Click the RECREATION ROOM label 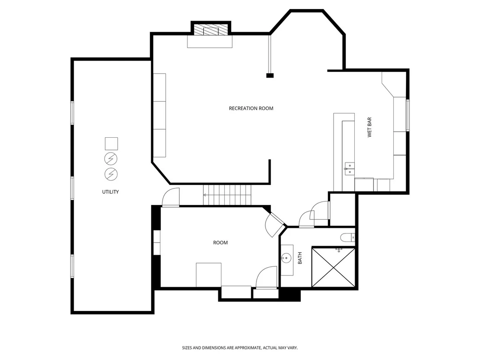click(x=251, y=108)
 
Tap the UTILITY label click(x=110, y=192)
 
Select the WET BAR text click(x=370, y=127)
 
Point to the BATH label click(x=300, y=258)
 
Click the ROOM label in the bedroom click(x=221, y=243)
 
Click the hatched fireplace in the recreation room click(x=211, y=30)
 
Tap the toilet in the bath click(x=348, y=237)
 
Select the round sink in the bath click(x=286, y=258)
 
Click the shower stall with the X click(x=334, y=268)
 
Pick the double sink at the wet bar click(x=350, y=169)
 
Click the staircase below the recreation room click(x=227, y=195)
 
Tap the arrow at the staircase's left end click(x=205, y=195)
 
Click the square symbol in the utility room click(x=111, y=144)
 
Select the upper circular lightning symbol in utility click(x=111, y=159)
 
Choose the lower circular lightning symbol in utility click(x=111, y=174)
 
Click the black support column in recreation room click(x=270, y=76)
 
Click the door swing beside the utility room click(x=171, y=198)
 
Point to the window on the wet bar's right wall click(x=408, y=115)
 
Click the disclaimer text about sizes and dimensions click(x=240, y=348)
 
